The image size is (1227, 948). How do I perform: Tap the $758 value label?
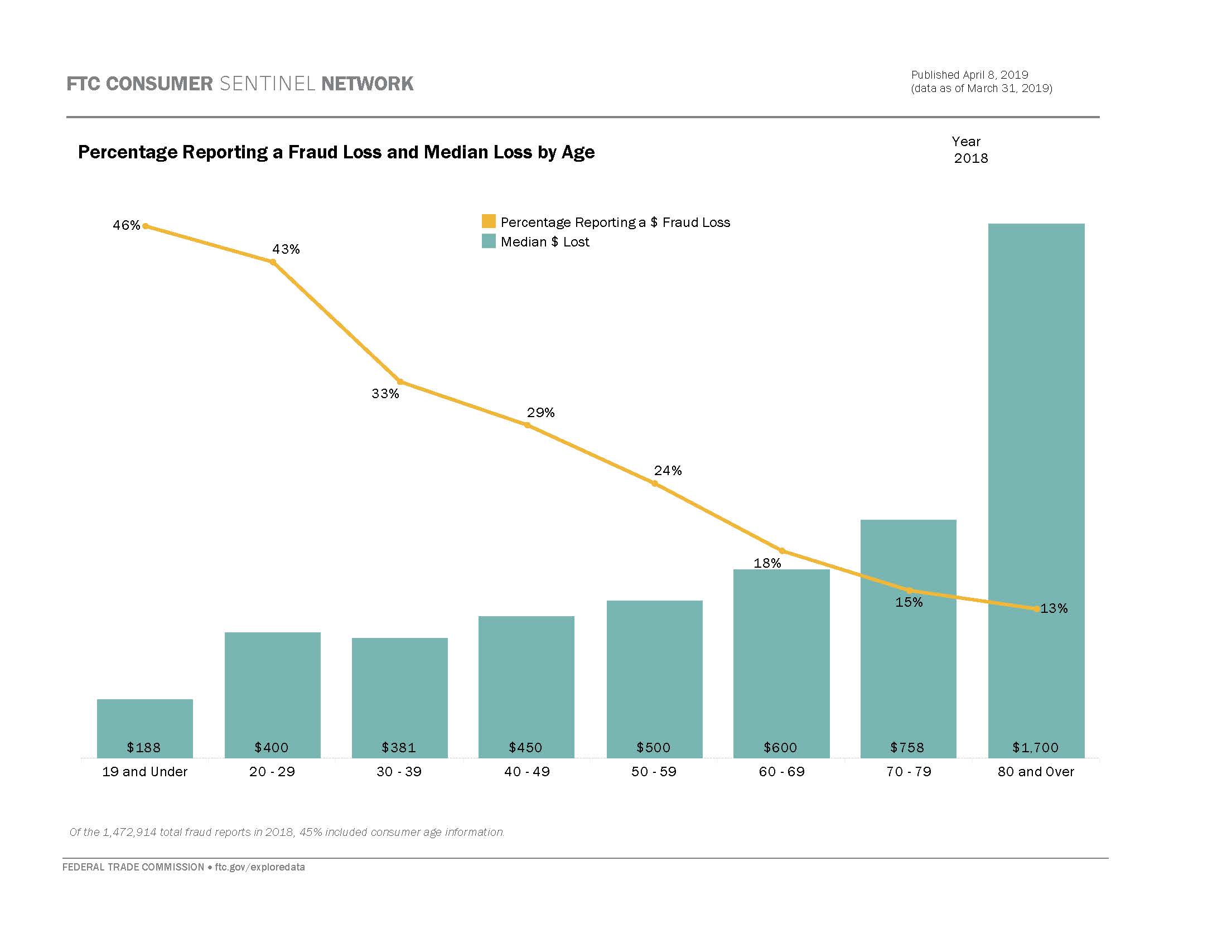907,747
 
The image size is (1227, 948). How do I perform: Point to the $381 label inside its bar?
399,747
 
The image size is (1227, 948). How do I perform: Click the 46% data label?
126,225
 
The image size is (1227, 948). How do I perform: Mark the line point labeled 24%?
655,483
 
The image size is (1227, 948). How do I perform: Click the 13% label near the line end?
1054,608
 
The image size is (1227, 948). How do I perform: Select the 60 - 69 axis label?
781,772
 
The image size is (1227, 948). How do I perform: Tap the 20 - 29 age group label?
272,772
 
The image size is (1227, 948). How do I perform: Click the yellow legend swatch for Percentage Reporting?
488,221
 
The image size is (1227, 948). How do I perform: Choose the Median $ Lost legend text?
544,242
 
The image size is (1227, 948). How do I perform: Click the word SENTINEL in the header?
267,84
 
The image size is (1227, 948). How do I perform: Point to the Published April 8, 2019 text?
970,75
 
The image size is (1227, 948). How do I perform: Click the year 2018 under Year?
971,158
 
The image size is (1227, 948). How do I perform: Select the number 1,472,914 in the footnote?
130,832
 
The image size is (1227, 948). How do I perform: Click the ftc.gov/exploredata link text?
259,867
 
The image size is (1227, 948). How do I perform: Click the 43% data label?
286,249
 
